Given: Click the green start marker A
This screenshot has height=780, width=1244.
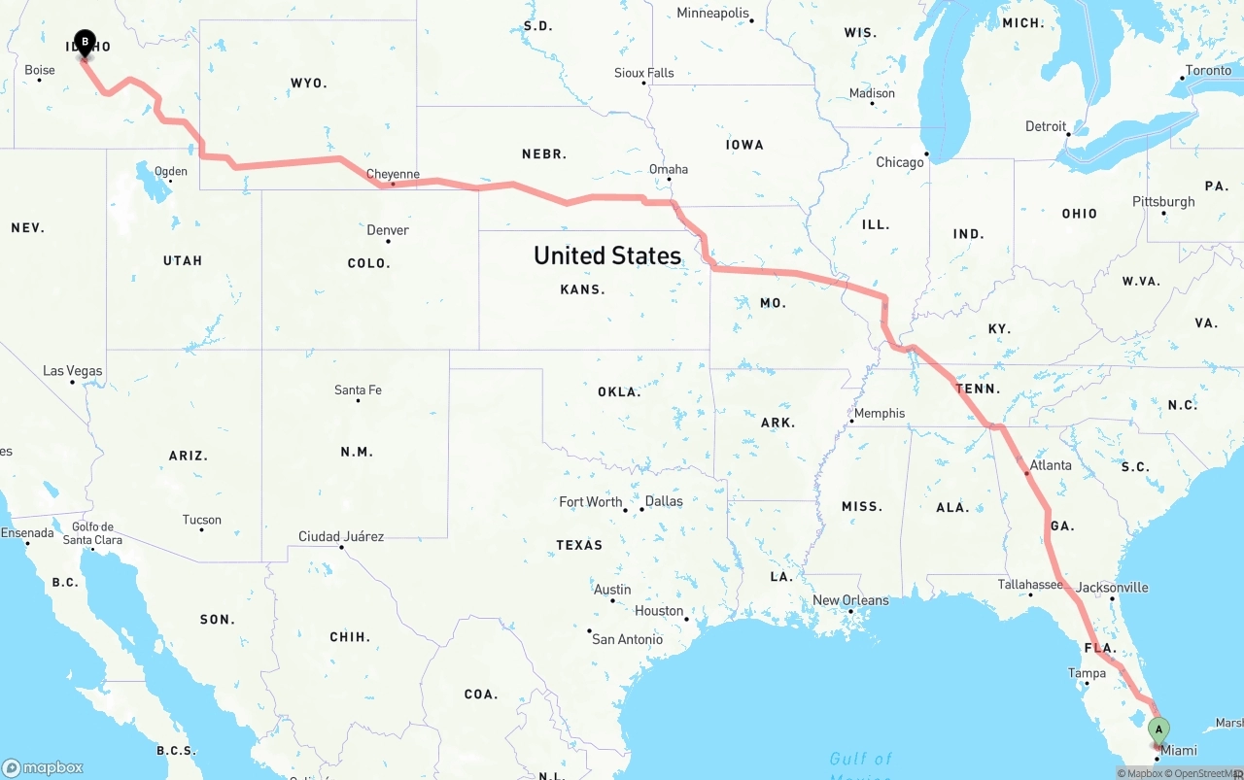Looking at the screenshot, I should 1158,730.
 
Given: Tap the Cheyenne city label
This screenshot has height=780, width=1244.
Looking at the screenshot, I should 393,175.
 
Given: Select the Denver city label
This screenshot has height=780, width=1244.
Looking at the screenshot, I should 388,230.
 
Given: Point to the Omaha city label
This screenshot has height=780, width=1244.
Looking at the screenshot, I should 669,169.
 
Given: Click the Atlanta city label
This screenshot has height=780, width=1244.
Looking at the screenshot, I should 1051,465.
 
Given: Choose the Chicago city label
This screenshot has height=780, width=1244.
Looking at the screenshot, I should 900,162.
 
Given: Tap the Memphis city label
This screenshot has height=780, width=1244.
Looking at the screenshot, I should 880,413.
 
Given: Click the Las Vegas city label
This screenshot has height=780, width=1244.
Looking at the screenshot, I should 73,371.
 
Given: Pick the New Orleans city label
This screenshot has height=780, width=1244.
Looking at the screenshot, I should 850,600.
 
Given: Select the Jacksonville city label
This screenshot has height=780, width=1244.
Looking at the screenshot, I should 1112,588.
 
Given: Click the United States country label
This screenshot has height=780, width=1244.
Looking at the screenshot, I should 607,255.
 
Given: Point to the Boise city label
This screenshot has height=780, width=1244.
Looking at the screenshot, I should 40,70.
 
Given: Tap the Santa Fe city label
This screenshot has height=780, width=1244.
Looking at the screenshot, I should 358,390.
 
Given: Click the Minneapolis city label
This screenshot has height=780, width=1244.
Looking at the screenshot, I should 713,14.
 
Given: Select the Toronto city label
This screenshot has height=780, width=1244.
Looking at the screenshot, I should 1208,70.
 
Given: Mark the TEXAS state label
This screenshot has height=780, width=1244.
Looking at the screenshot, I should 579,545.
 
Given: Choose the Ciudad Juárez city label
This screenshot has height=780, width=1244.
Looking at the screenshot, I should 341,536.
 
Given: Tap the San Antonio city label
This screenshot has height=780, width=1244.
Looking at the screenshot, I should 628,639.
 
